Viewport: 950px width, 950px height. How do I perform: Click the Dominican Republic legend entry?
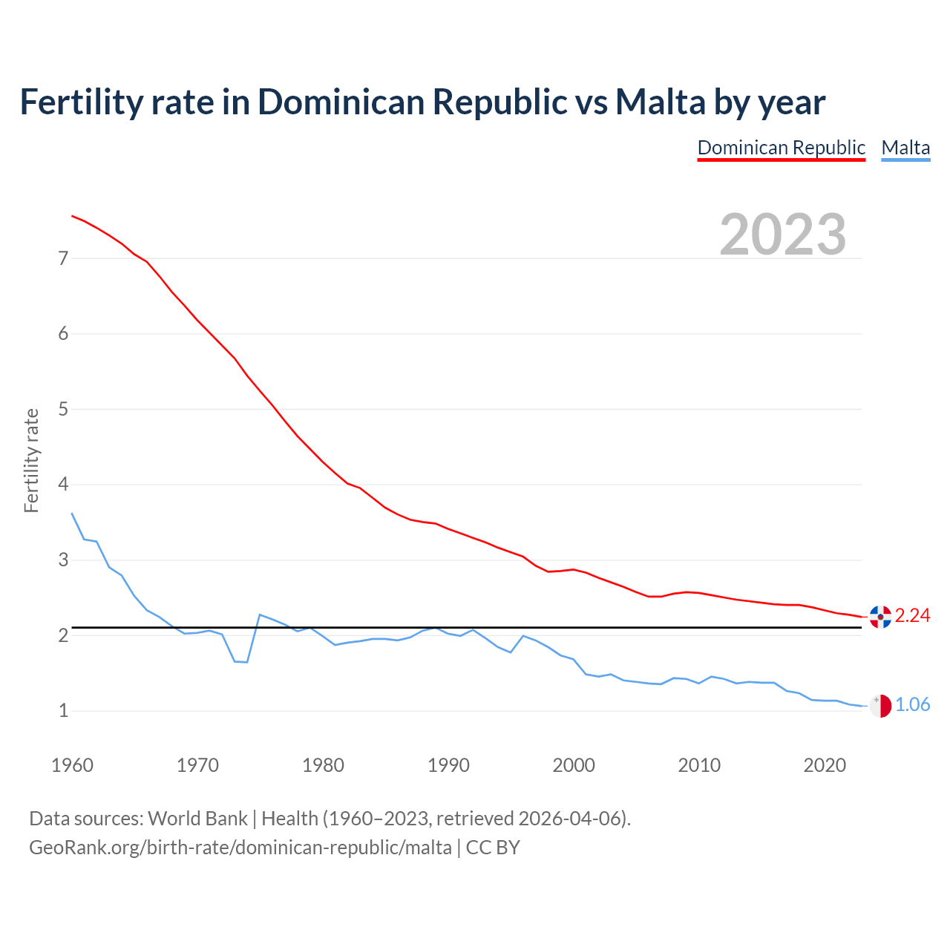coord(782,148)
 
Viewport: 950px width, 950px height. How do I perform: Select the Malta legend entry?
coord(905,148)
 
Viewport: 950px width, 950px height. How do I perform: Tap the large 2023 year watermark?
coord(783,235)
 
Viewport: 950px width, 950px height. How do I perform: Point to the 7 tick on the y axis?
coord(63,258)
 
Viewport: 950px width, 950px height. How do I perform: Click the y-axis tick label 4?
coord(63,485)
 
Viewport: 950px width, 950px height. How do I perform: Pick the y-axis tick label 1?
coord(63,711)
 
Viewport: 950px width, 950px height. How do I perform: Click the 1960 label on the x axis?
coord(72,765)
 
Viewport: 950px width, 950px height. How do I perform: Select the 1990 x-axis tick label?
coord(448,765)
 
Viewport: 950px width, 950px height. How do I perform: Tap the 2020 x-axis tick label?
coord(825,765)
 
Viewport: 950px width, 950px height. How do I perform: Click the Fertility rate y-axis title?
coord(31,460)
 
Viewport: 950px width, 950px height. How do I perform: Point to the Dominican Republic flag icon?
coord(880,616)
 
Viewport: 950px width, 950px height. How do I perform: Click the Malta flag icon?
coord(880,706)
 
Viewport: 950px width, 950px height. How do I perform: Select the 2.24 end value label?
coord(912,616)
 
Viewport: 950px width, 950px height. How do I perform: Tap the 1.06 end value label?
coord(912,705)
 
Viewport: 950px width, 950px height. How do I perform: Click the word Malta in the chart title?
coord(660,102)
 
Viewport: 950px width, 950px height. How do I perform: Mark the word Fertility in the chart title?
coord(80,102)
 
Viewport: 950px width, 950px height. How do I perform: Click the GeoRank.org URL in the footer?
coord(240,848)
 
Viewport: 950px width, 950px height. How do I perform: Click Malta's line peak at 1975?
coord(260,615)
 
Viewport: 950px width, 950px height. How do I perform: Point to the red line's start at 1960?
coord(72,216)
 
